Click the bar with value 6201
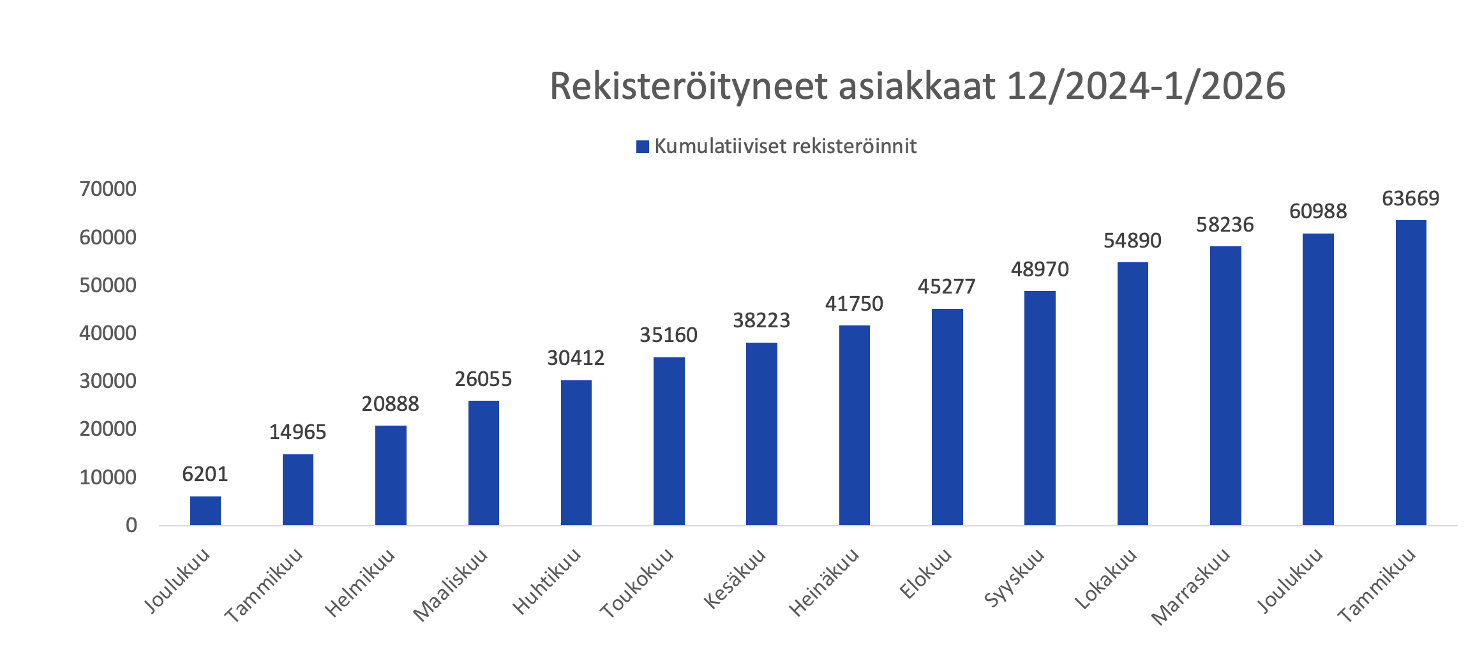(x=205, y=510)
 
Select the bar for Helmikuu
(x=391, y=475)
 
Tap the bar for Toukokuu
(x=669, y=441)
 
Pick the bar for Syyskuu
(x=1040, y=408)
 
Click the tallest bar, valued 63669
(x=1411, y=373)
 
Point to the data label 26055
(x=483, y=380)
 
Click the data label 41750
(x=854, y=304)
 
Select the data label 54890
(x=1132, y=241)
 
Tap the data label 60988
(x=1318, y=211)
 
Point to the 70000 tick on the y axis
(x=108, y=189)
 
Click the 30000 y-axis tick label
(x=108, y=381)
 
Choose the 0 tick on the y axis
(x=131, y=525)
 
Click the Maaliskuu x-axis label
(x=451, y=585)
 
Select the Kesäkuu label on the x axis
(x=735, y=579)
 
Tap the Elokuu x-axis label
(x=925, y=574)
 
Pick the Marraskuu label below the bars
(x=1190, y=586)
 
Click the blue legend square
(x=643, y=147)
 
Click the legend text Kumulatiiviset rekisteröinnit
(x=785, y=147)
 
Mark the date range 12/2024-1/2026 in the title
(x=1146, y=87)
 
